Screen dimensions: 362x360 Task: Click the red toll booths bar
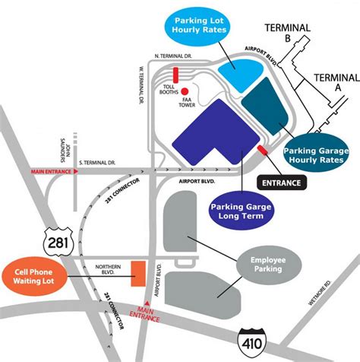click(x=175, y=75)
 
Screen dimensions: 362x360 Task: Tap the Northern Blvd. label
click(x=108, y=268)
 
